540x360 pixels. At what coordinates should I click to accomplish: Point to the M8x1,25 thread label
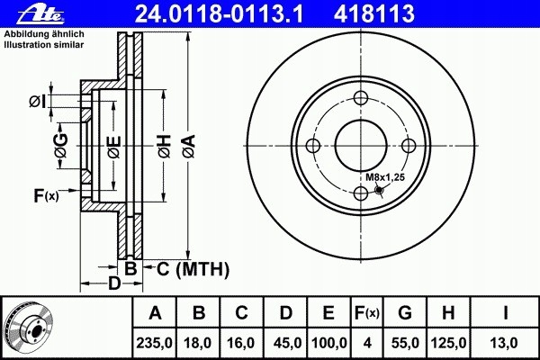pyautogui.click(x=385, y=177)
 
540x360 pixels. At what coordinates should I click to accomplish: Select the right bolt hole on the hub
pyautogui.click(x=408, y=147)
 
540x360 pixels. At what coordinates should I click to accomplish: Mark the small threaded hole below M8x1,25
pyautogui.click(x=378, y=189)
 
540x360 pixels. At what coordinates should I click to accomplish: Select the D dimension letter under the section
pyautogui.click(x=113, y=284)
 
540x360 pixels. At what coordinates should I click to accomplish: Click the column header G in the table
pyautogui.click(x=406, y=313)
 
